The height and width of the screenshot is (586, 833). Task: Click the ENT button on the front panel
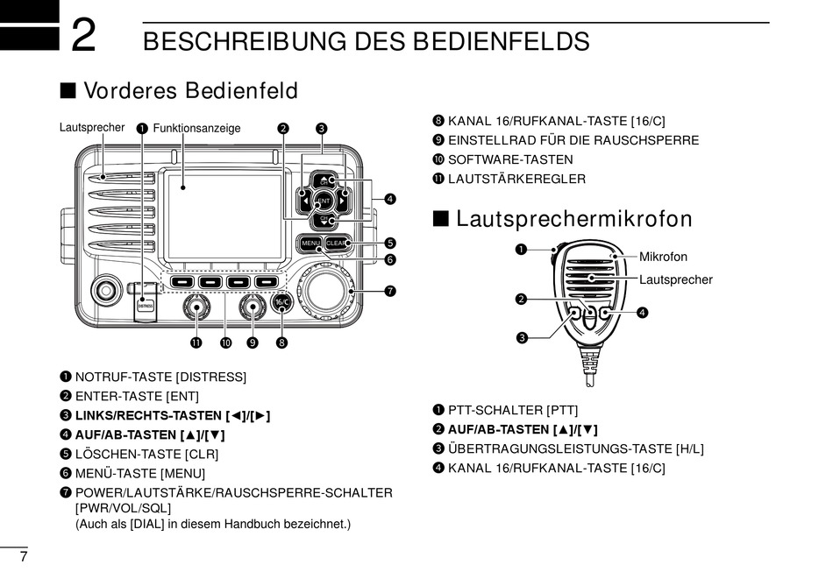coord(323,201)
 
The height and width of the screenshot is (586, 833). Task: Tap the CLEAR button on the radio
coord(338,243)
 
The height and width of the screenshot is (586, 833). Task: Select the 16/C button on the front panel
coord(281,303)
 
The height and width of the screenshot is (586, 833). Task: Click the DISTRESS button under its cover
coord(146,305)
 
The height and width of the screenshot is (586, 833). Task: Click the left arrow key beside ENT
coord(303,200)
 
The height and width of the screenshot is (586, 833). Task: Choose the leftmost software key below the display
coord(182,282)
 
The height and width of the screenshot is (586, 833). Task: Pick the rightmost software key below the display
coord(266,282)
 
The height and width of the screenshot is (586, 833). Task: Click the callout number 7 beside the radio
coord(390,291)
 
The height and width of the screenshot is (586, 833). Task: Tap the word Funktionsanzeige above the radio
coord(196,128)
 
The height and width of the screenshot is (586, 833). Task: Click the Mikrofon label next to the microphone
coord(663,257)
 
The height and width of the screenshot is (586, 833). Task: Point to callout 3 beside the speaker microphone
coord(521,337)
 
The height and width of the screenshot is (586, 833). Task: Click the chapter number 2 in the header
coord(83,37)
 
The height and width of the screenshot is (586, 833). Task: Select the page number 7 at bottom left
coord(24,558)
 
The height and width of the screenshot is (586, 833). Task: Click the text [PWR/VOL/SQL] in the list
coord(123,508)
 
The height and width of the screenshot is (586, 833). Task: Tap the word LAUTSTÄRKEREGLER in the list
coord(516,179)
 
